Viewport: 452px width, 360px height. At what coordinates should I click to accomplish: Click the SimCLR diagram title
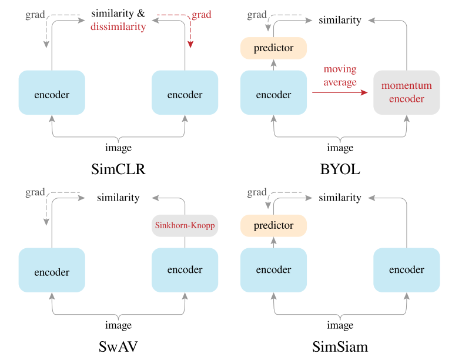[118, 169]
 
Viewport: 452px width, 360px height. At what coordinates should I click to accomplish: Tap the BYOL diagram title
[340, 169]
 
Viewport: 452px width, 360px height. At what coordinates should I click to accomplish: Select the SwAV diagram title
[118, 347]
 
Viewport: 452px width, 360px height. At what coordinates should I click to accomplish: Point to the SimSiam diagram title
[340, 347]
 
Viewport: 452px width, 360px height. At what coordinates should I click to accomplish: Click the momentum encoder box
[406, 92]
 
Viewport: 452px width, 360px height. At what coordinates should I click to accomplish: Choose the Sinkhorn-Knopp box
[185, 225]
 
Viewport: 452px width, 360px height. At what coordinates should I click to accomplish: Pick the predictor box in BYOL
[273, 48]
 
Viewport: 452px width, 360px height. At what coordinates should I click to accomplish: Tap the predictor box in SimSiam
[273, 225]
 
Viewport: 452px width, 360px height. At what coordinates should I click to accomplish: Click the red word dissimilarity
[118, 26]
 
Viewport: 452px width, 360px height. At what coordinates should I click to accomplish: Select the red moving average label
[340, 76]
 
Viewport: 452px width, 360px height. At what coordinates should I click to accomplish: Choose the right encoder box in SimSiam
[406, 270]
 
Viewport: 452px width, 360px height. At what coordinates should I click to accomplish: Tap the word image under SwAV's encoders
[118, 325]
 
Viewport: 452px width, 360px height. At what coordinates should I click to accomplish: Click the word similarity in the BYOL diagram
[340, 20]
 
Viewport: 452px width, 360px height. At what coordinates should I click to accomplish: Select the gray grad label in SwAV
[35, 192]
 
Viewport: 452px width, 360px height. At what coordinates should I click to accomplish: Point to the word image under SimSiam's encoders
[340, 325]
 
